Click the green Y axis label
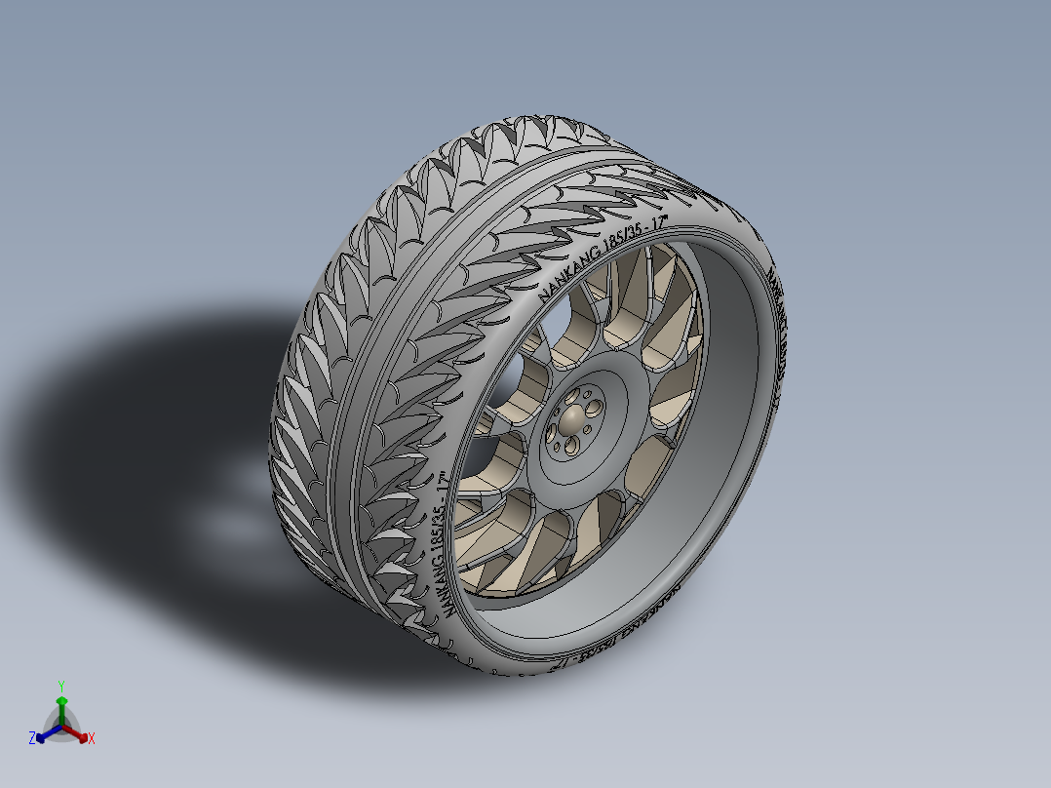coord(60,685)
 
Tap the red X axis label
coord(92,739)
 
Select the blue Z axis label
coord(32,739)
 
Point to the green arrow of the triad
coord(60,704)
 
